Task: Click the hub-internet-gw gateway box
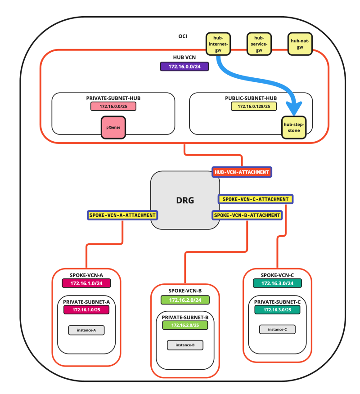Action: click(x=218, y=44)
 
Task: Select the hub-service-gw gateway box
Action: click(x=259, y=44)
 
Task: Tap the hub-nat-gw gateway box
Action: click(x=300, y=44)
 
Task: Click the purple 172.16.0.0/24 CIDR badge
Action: click(x=184, y=67)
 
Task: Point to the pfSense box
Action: click(x=113, y=127)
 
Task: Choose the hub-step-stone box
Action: click(x=293, y=127)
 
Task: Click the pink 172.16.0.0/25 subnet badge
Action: click(x=113, y=107)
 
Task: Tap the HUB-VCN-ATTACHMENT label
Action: click(x=242, y=172)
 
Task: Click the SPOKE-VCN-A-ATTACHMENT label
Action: click(x=122, y=215)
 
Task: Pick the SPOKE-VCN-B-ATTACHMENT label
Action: click(x=247, y=215)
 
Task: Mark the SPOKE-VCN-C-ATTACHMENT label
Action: click(x=256, y=199)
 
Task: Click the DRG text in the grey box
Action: click(x=185, y=201)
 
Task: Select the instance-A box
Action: click(x=86, y=330)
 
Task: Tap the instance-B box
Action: click(x=185, y=345)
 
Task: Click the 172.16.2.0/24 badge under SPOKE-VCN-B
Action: click(x=185, y=300)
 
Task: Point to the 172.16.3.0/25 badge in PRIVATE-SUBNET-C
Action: click(x=277, y=310)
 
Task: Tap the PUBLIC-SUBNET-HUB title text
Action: click(x=251, y=98)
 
